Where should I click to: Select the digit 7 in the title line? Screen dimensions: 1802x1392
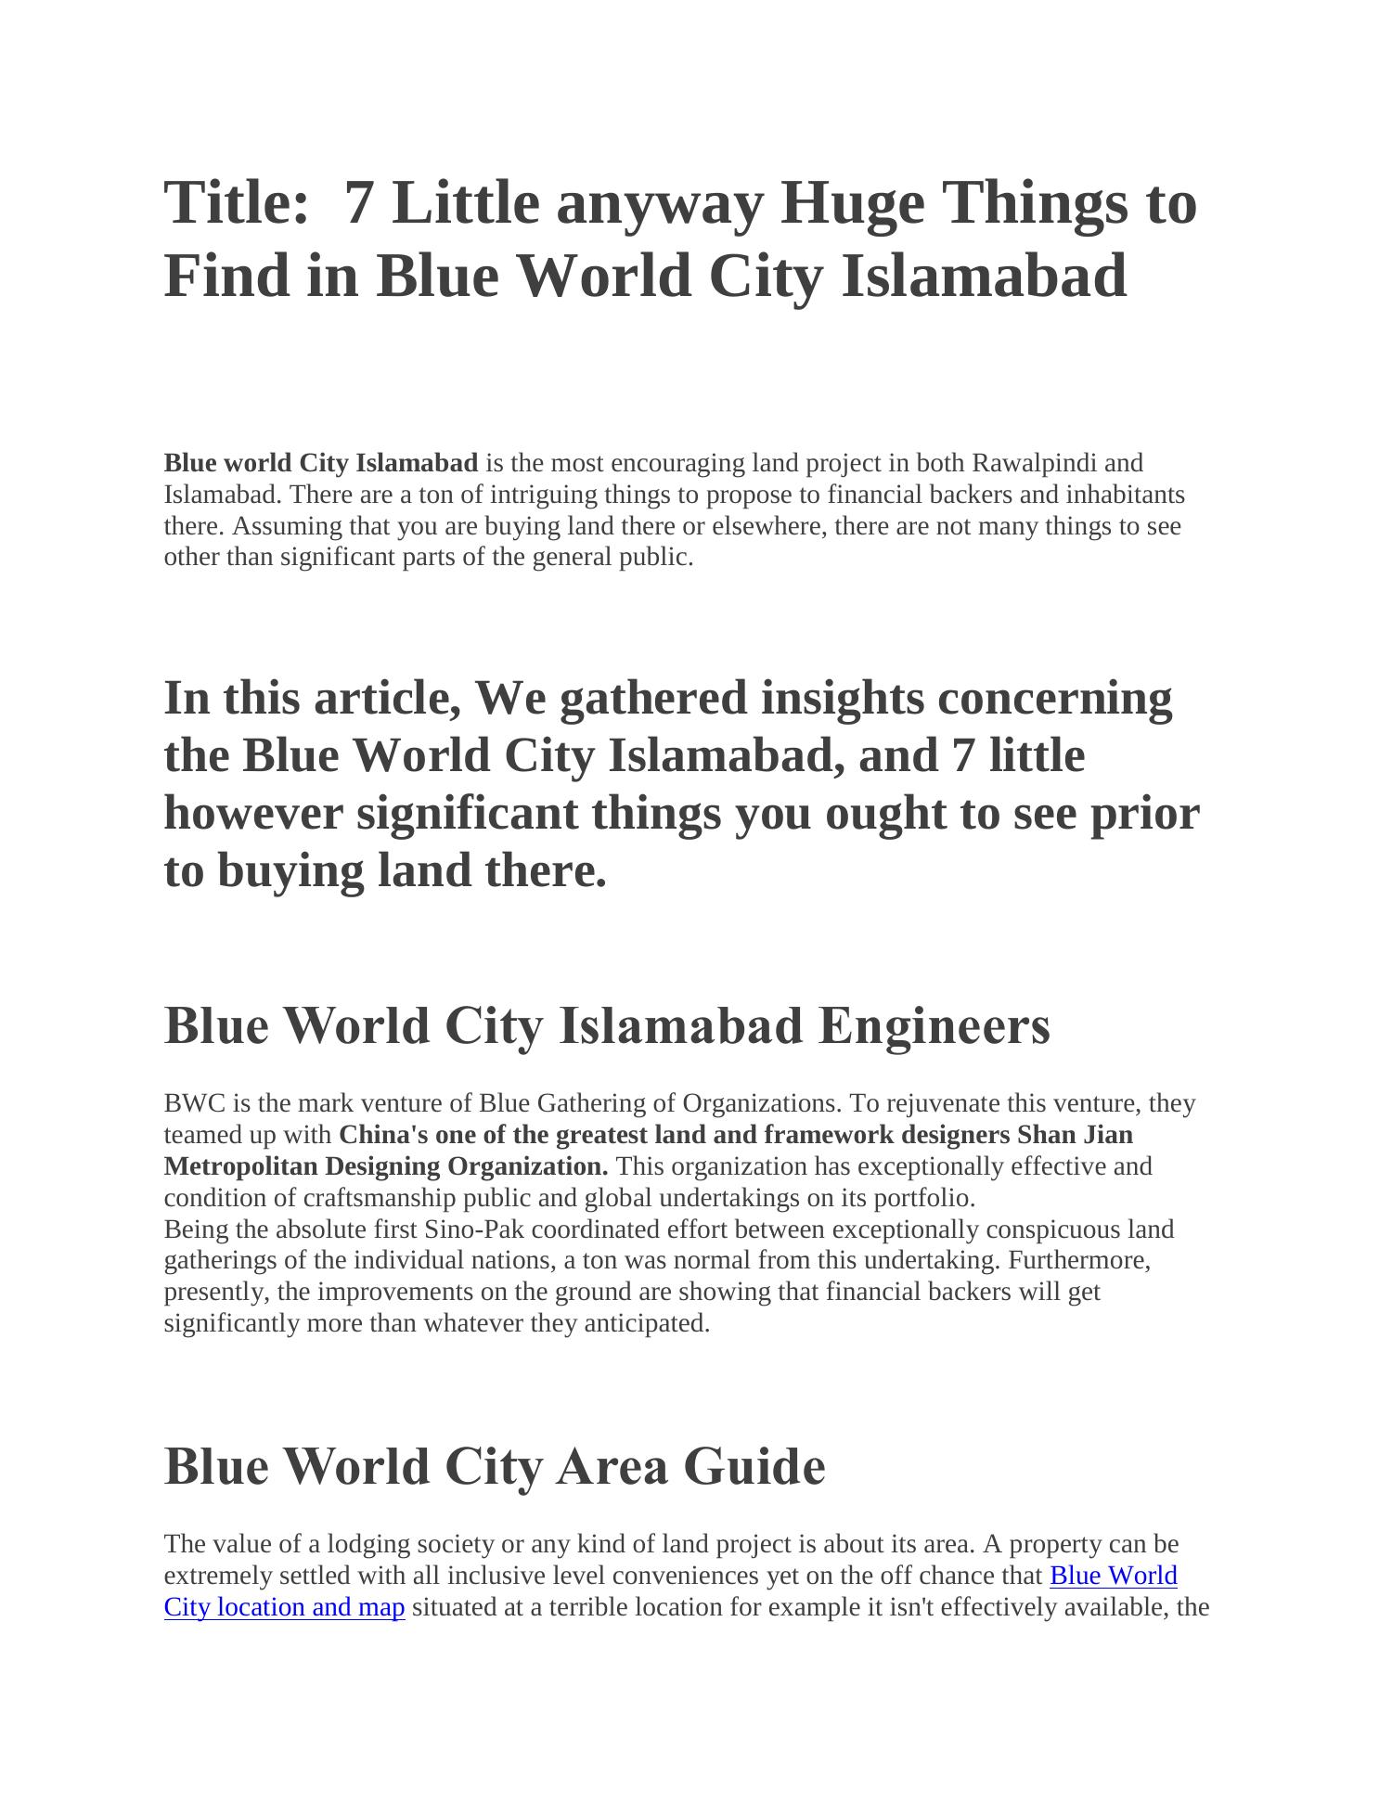tap(358, 202)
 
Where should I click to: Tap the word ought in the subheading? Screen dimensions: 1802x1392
tap(885, 813)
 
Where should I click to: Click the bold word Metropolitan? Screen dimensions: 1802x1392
tap(241, 1166)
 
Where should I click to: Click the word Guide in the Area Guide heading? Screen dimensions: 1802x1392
tap(754, 1467)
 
